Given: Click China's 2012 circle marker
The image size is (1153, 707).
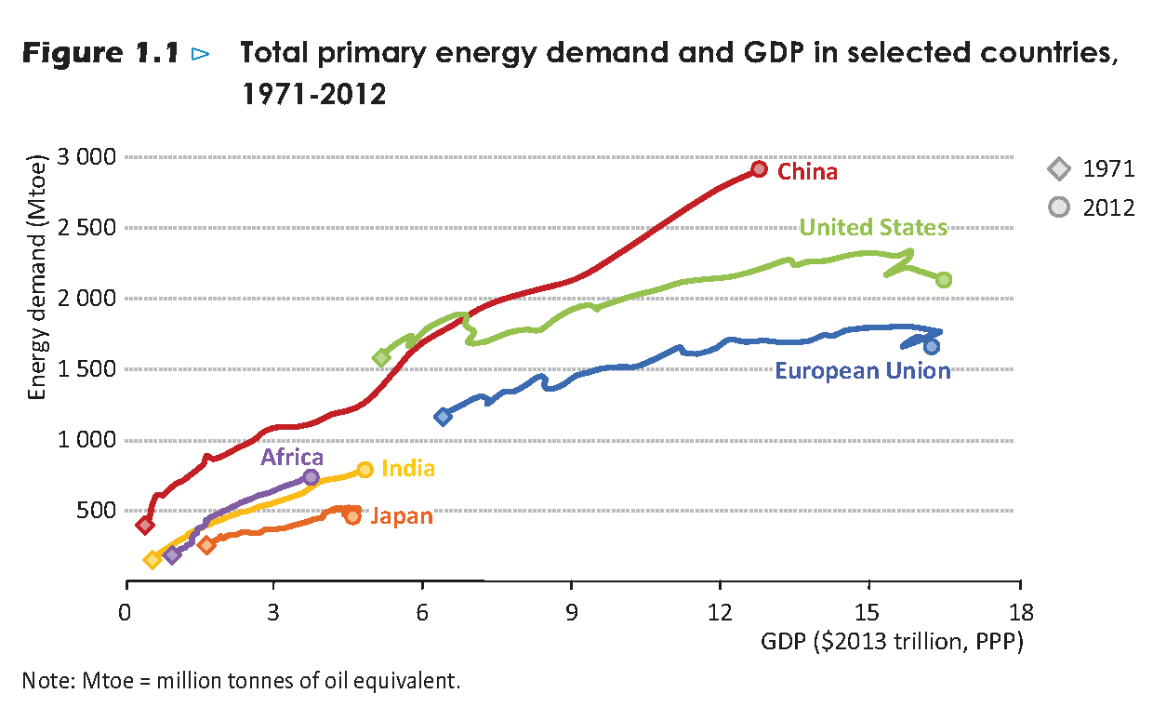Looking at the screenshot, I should (x=759, y=169).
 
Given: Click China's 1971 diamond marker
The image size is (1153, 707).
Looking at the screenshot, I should (x=145, y=526).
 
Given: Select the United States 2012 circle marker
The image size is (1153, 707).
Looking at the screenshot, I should (x=944, y=280).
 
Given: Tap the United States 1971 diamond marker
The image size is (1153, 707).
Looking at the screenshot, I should (x=381, y=358).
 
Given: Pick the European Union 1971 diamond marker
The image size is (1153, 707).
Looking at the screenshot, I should (x=444, y=416).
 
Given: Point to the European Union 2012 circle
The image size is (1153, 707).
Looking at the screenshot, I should (x=932, y=346).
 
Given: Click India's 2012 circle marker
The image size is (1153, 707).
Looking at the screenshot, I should (x=365, y=470).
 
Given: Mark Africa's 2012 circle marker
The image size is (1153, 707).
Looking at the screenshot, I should (x=311, y=477).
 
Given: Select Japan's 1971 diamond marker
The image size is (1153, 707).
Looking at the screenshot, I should (x=206, y=545).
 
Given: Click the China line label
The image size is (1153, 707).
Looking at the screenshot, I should (x=807, y=172).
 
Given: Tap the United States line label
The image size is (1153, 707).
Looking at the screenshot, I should (x=873, y=228).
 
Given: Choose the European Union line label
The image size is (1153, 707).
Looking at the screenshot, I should (x=863, y=371).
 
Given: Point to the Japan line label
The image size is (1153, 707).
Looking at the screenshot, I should (x=402, y=516).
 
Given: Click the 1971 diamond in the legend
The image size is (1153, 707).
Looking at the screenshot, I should (x=1058, y=169).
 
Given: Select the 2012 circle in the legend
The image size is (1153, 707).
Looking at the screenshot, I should (x=1058, y=207).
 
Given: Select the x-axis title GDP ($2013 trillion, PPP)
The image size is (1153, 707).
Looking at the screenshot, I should (x=892, y=642).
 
